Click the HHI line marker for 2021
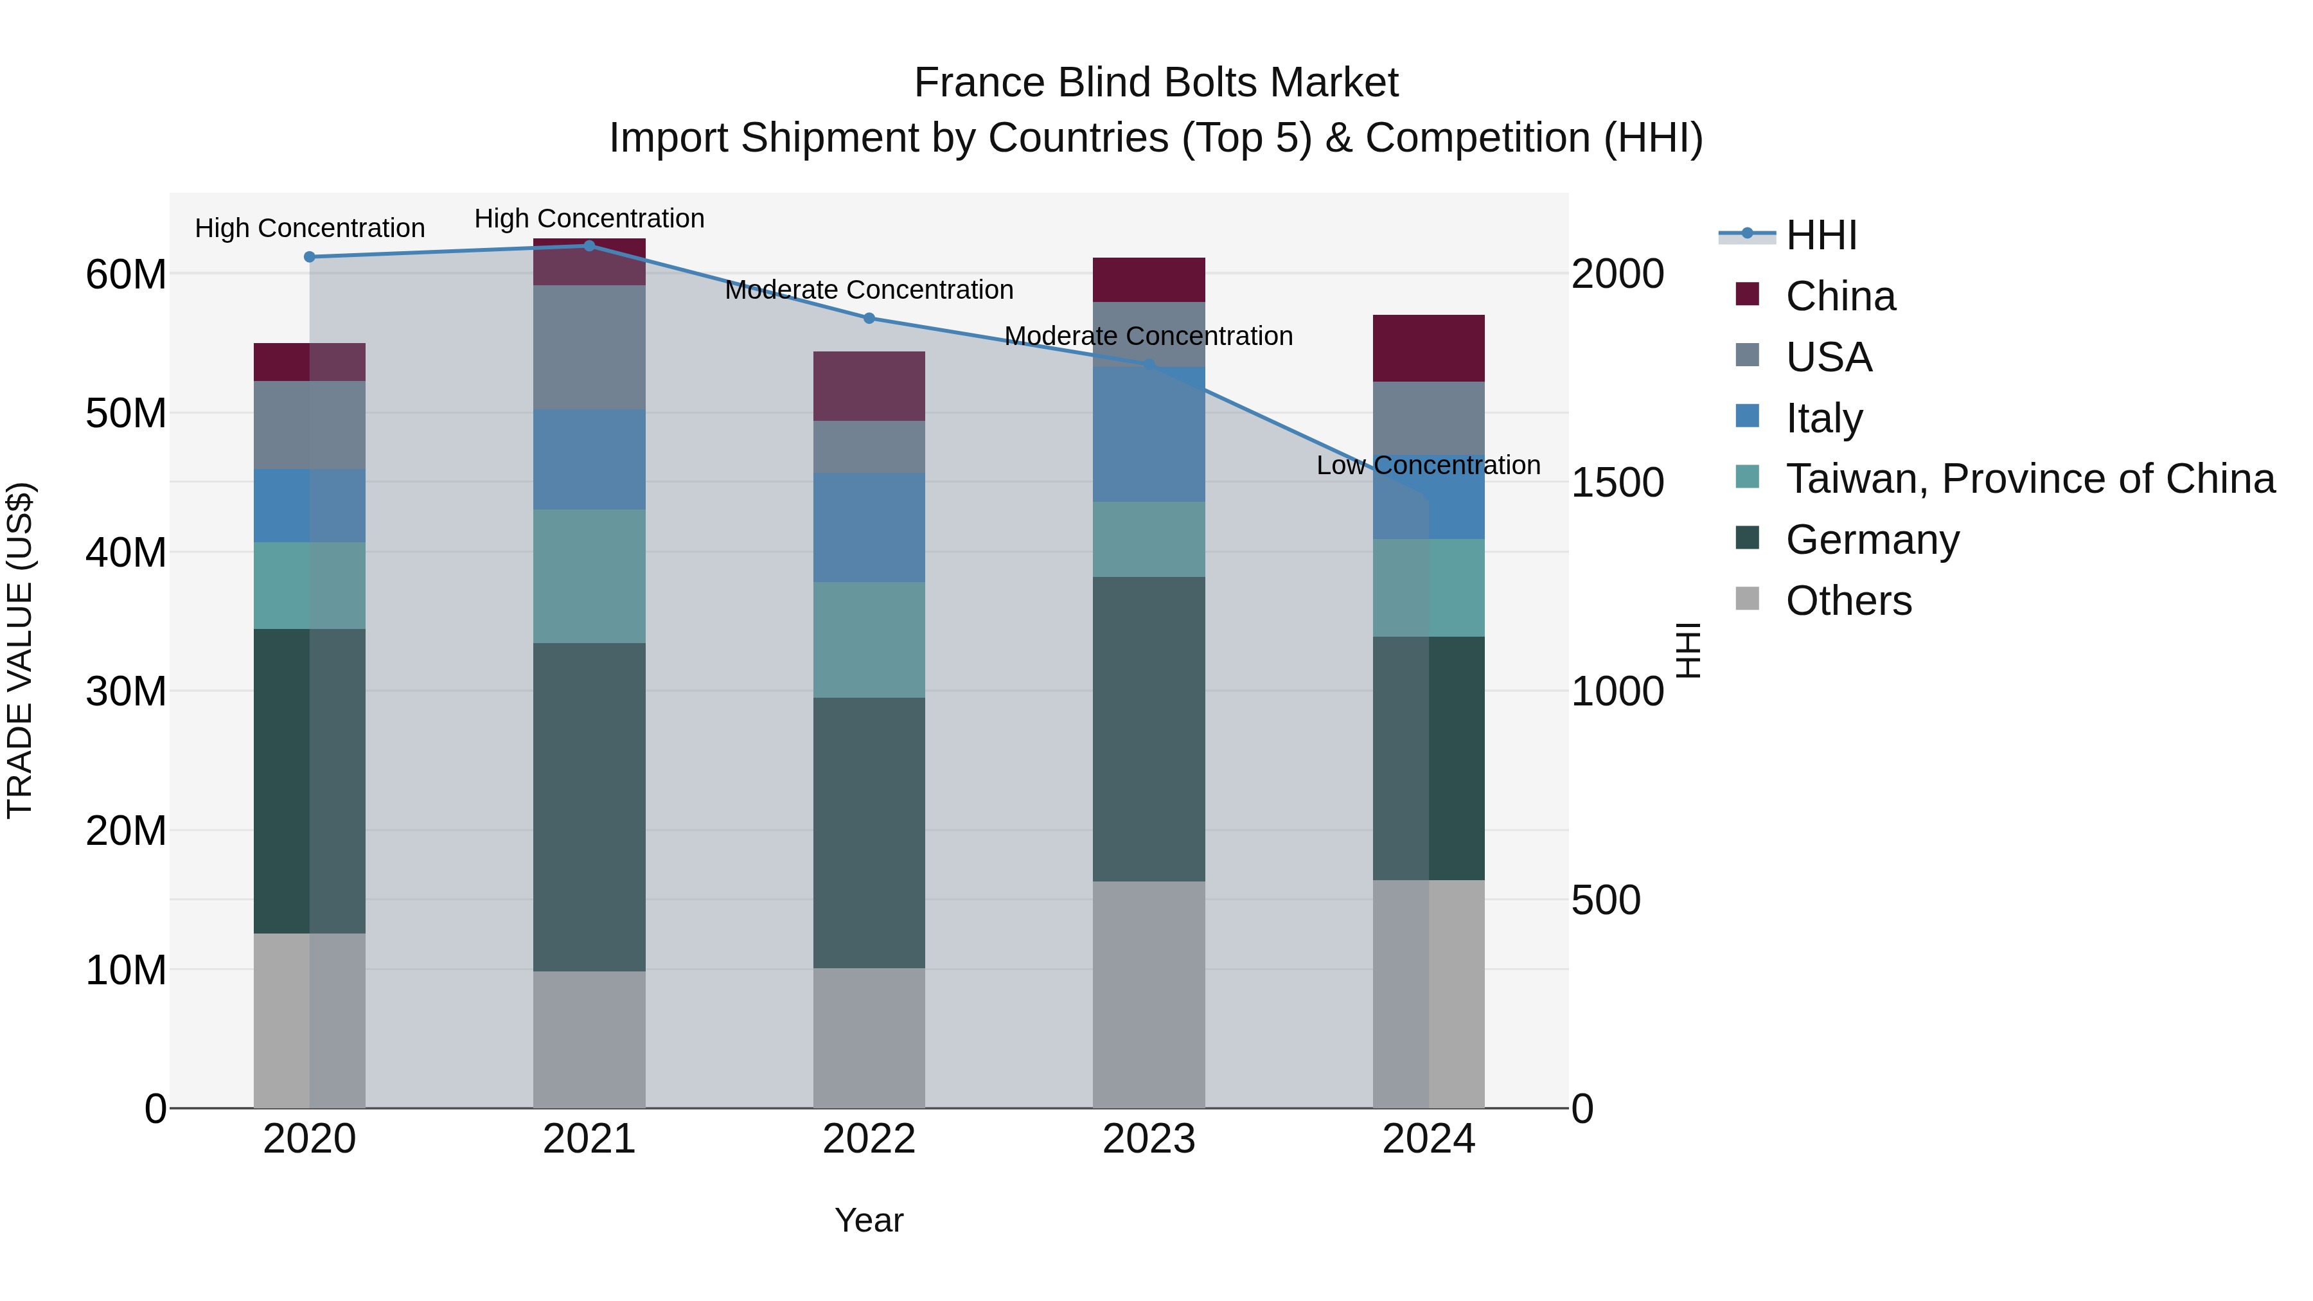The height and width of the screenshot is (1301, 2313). point(589,246)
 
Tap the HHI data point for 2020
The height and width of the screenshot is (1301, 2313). point(310,257)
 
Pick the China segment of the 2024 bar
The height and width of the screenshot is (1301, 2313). point(1428,348)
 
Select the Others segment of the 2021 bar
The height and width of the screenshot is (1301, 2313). point(589,1039)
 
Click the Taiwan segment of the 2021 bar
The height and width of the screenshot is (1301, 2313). point(589,576)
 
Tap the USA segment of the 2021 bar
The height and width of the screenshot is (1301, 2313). point(589,348)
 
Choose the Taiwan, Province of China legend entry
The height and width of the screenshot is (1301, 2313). point(2029,479)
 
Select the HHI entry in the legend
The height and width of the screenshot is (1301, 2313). point(1821,235)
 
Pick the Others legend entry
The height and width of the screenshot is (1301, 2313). point(1848,601)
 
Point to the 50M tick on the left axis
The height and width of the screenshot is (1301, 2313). point(126,414)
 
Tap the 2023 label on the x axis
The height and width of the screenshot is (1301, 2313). point(1148,1139)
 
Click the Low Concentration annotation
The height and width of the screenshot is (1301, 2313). point(1428,465)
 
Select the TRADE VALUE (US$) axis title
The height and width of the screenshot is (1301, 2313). point(20,650)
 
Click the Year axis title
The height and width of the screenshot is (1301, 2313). point(868,1220)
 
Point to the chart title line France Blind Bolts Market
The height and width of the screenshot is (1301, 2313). point(1156,83)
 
